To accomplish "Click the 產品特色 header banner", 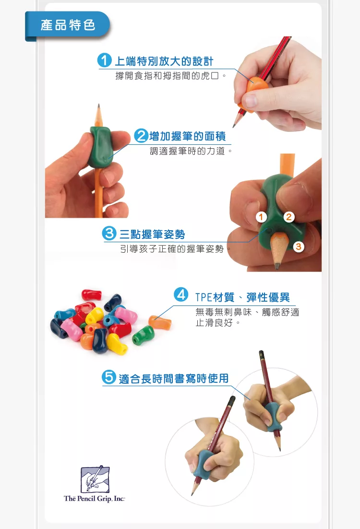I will pyautogui.click(x=68, y=25).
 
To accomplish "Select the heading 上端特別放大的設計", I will pyautogui.click(x=163, y=61).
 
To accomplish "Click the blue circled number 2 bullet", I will pyautogui.click(x=141, y=136).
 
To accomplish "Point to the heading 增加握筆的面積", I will pyautogui.click(x=188, y=137).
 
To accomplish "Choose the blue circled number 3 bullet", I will pyautogui.click(x=110, y=234).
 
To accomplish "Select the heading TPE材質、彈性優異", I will pyautogui.click(x=242, y=297).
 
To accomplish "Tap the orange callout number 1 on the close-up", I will pyautogui.click(x=261, y=217).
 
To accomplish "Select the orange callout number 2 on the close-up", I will pyautogui.click(x=288, y=217).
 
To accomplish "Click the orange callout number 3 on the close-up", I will pyautogui.click(x=299, y=247).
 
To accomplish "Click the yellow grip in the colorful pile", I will pyautogui.click(x=95, y=315).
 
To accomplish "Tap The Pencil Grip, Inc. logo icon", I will pyautogui.click(x=95, y=478).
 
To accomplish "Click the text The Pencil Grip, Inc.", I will pyautogui.click(x=95, y=499).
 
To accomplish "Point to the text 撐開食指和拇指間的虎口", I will pyautogui.click(x=170, y=76).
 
